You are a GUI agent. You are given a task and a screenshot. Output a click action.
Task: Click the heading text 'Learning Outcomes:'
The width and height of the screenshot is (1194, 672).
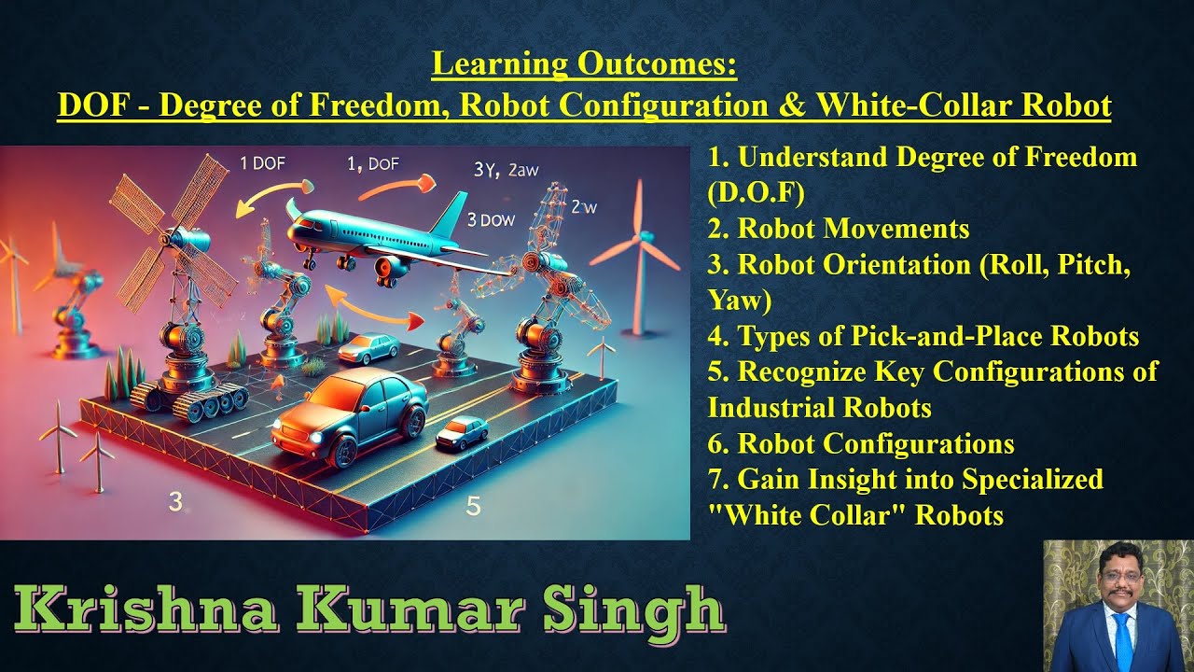tap(584, 65)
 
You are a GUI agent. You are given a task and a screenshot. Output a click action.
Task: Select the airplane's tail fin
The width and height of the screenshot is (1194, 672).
tap(452, 214)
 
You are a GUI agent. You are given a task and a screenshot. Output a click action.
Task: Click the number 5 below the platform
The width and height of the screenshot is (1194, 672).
tap(473, 507)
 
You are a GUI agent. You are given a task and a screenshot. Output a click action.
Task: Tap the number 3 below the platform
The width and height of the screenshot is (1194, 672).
tap(175, 502)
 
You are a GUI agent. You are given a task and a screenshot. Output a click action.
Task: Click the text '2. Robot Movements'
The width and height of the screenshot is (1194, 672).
tap(839, 229)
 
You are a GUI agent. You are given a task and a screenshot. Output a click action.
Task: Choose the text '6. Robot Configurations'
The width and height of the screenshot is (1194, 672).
tap(861, 443)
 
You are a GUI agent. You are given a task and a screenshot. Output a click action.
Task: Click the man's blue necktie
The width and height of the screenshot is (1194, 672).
tap(1123, 643)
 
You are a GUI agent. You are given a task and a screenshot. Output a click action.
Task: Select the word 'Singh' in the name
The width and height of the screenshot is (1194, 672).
tap(645, 610)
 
